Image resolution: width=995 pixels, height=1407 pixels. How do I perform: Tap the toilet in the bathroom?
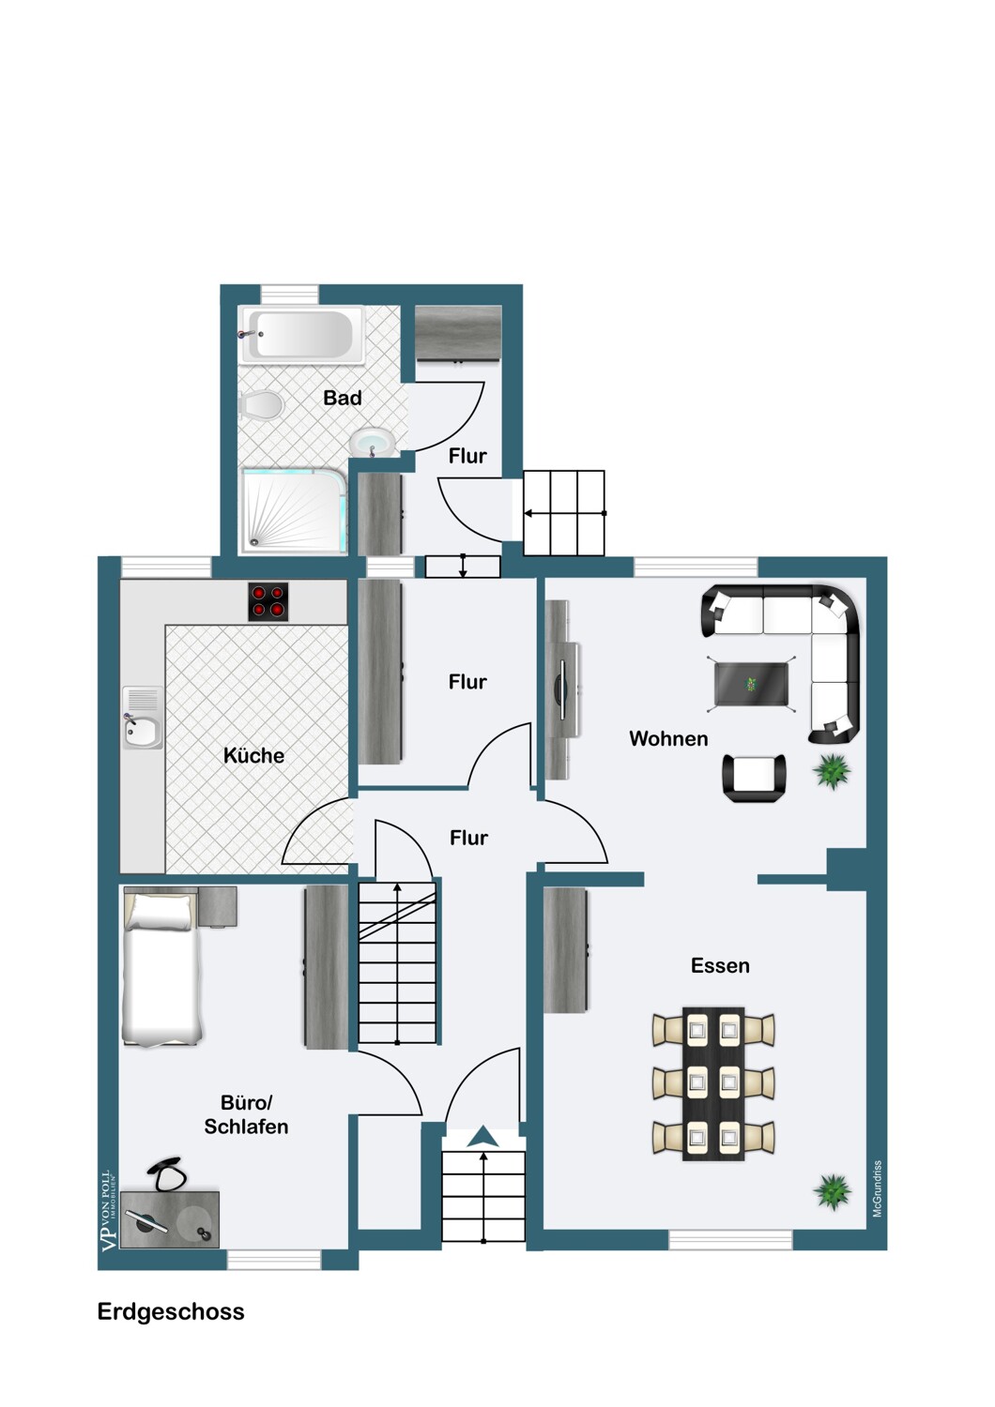coord(262,406)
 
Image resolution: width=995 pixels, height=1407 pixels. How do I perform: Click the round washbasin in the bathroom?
coord(373,442)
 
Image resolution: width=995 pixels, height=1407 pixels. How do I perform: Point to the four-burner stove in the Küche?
coord(268,602)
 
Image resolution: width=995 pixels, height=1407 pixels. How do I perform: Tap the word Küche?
coord(253,755)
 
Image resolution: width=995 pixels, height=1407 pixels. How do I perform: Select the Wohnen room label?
coord(668,739)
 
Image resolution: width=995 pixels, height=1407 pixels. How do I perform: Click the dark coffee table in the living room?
coord(751,683)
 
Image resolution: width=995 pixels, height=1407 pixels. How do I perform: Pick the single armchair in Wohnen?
coord(754,777)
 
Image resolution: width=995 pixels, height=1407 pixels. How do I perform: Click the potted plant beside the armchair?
coord(832,772)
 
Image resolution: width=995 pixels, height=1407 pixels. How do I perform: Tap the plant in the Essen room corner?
coord(832,1191)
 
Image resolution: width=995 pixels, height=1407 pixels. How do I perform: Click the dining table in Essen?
coord(713,1084)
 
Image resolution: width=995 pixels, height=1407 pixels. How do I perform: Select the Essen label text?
coord(720,966)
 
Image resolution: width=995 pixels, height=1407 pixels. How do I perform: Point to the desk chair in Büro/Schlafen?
coord(168,1173)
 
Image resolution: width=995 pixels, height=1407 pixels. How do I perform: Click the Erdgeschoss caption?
coord(171,1311)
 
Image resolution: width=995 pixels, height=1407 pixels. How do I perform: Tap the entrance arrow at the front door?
coord(482,1136)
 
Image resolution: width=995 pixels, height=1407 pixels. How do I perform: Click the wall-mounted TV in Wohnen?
coord(562,690)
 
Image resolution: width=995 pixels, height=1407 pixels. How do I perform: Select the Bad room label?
coord(343,398)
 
